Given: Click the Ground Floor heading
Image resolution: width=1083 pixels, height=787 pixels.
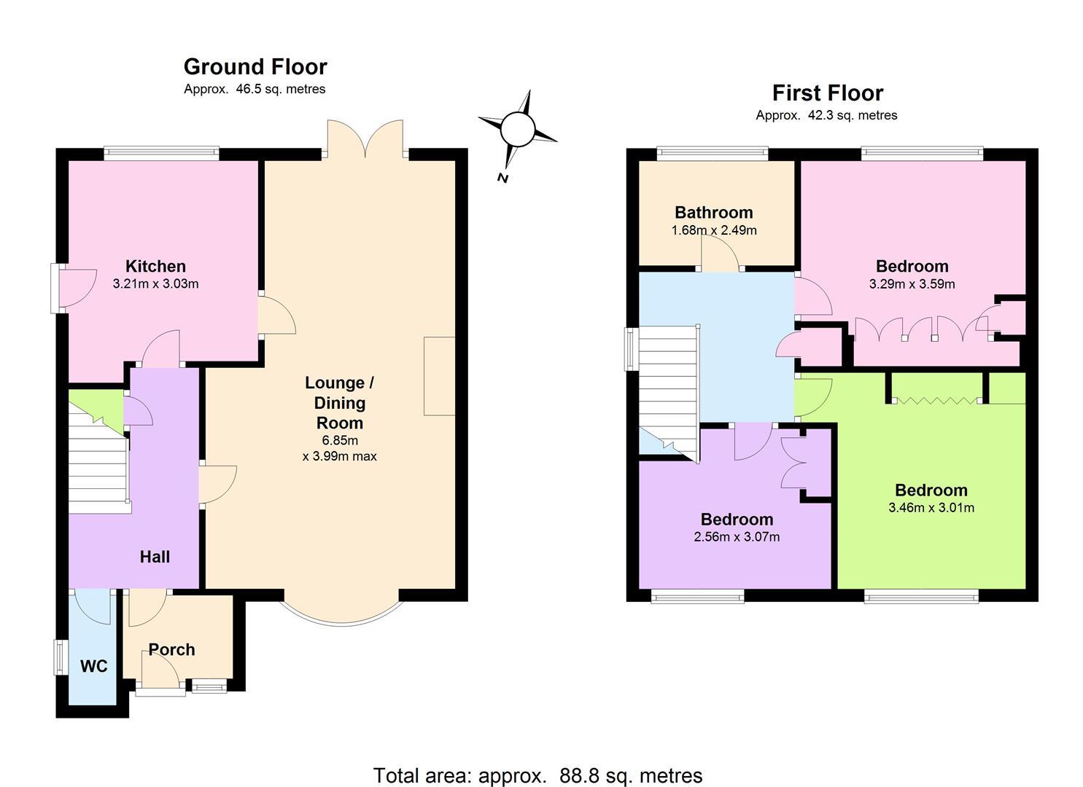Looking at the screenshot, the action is [255, 66].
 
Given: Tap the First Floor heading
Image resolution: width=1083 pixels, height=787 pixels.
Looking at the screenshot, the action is [827, 93].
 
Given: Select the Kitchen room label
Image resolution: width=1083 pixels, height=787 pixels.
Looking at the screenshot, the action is [155, 266].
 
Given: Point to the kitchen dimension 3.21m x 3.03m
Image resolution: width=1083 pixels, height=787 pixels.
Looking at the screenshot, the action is [155, 283].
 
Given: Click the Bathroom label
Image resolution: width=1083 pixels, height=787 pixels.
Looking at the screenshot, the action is [714, 213].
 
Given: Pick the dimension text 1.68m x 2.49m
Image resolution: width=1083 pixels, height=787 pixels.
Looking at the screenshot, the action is [714, 230].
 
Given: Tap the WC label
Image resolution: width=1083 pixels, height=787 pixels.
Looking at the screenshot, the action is [94, 666].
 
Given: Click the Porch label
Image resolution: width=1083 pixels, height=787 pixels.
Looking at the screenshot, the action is [171, 649].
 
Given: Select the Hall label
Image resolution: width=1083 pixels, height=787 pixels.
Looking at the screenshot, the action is [155, 557].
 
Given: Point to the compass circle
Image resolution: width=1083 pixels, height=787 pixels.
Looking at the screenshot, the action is [518, 129].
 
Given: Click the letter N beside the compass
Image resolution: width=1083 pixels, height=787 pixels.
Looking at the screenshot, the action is [502, 179].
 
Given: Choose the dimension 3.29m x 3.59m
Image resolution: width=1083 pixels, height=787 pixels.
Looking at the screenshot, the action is [912, 284].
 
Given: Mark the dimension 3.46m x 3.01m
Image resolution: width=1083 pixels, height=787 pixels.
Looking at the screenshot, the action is [931, 508].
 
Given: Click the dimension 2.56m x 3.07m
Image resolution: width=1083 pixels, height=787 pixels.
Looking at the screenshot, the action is [737, 537].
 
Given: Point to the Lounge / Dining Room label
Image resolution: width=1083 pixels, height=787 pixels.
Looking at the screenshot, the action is [339, 402].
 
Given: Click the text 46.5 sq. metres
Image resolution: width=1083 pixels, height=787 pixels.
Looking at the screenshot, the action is [281, 90].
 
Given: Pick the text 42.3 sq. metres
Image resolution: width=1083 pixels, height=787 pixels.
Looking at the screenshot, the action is [853, 115].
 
